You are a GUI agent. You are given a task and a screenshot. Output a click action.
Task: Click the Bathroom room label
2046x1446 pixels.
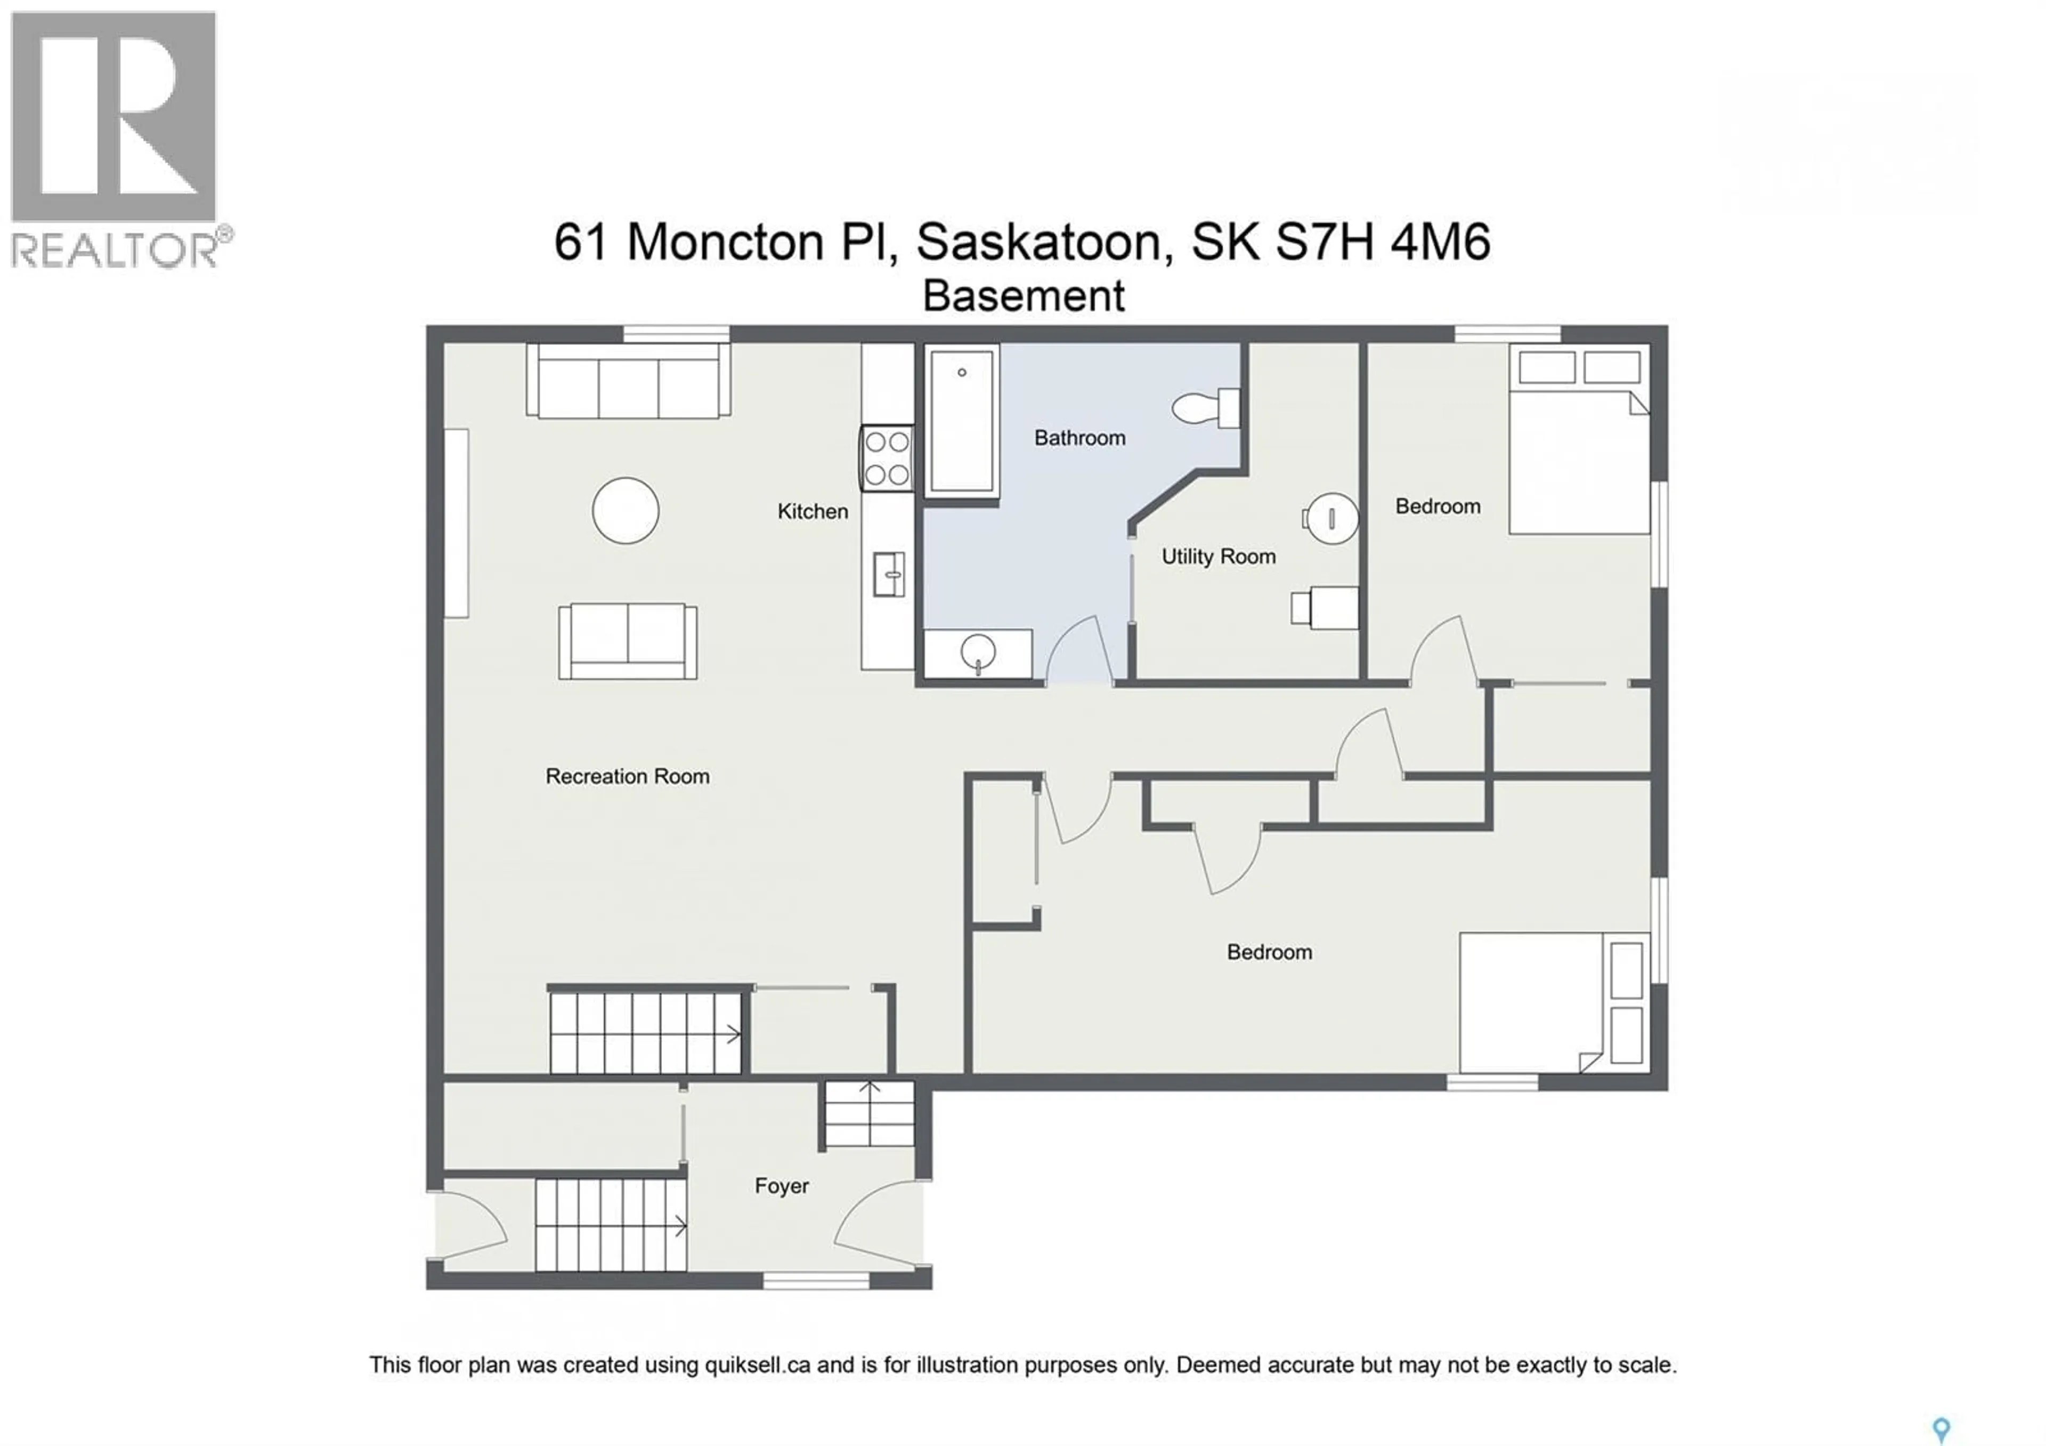click(x=1079, y=438)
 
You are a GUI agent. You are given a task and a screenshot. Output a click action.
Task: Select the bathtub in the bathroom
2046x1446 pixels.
click(x=962, y=420)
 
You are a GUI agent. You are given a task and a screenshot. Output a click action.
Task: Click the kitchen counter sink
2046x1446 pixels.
click(x=888, y=574)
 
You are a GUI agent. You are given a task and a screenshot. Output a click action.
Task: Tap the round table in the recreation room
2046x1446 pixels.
click(x=626, y=510)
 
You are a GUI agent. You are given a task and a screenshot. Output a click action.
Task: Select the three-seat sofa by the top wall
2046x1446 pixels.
click(x=628, y=383)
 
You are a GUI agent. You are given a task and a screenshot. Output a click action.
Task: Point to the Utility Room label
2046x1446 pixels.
click(x=1217, y=556)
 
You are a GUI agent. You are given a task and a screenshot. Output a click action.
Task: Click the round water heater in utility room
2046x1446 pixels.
click(x=1331, y=518)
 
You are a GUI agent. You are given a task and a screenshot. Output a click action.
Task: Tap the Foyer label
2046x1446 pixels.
click(x=782, y=1186)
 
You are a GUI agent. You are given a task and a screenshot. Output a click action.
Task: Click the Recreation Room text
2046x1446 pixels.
click(x=627, y=776)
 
